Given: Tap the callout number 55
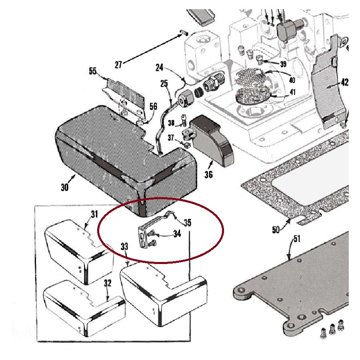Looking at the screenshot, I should [x=93, y=71].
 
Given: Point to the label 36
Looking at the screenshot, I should [x=208, y=174].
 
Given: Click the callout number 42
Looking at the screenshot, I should [x=345, y=82].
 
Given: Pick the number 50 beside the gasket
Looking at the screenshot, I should [x=276, y=230].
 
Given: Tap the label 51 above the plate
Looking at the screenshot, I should [x=296, y=239].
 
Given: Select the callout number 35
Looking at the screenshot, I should [x=188, y=222].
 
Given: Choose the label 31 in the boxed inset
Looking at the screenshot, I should [x=94, y=214].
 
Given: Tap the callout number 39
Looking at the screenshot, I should [x=283, y=64].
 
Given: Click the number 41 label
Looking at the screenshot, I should [x=293, y=92].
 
